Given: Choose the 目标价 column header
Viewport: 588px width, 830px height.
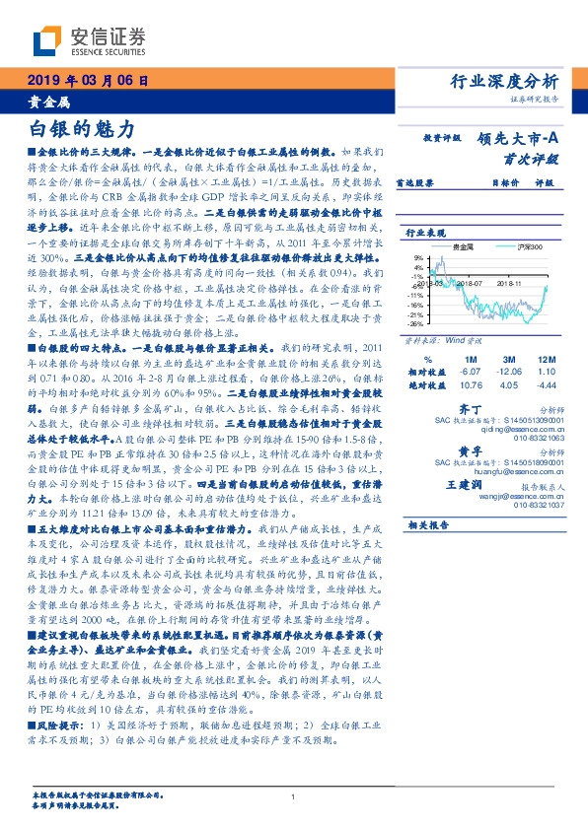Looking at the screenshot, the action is pos(504,182).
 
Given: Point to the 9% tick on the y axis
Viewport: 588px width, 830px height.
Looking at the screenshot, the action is pos(417,256).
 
